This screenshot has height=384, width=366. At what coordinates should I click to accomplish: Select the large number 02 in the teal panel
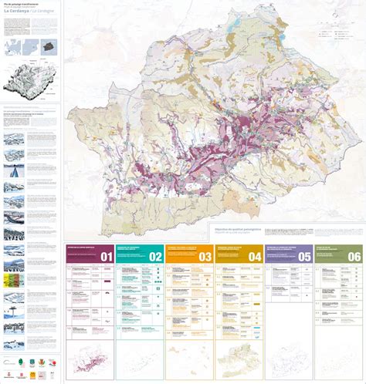pos(154,256)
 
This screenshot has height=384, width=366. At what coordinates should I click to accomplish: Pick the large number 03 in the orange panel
pos(204,256)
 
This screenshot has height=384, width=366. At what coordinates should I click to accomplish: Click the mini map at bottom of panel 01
pos(90,360)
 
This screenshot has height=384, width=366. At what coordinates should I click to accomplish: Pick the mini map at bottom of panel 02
pos(140,360)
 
